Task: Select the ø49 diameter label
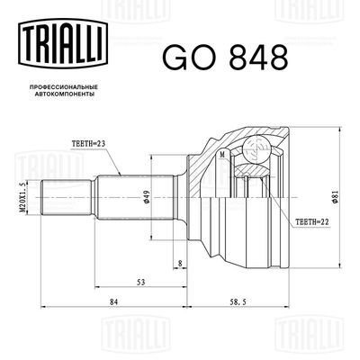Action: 143,197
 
